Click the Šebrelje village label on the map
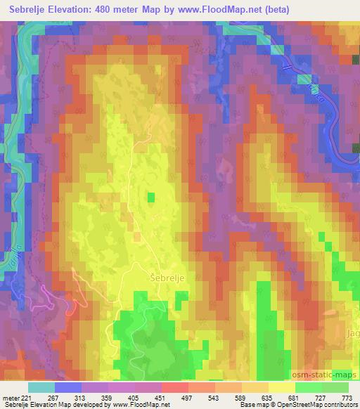[x=167, y=278]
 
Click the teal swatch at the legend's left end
[x=41, y=387]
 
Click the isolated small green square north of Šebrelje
[x=150, y=197]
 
